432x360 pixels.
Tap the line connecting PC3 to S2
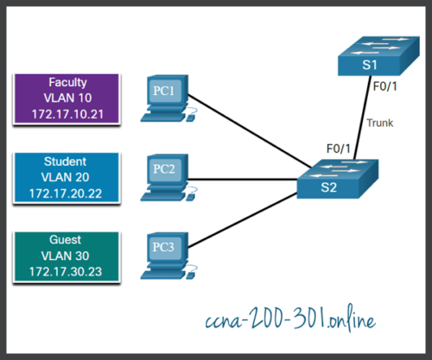251,223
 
